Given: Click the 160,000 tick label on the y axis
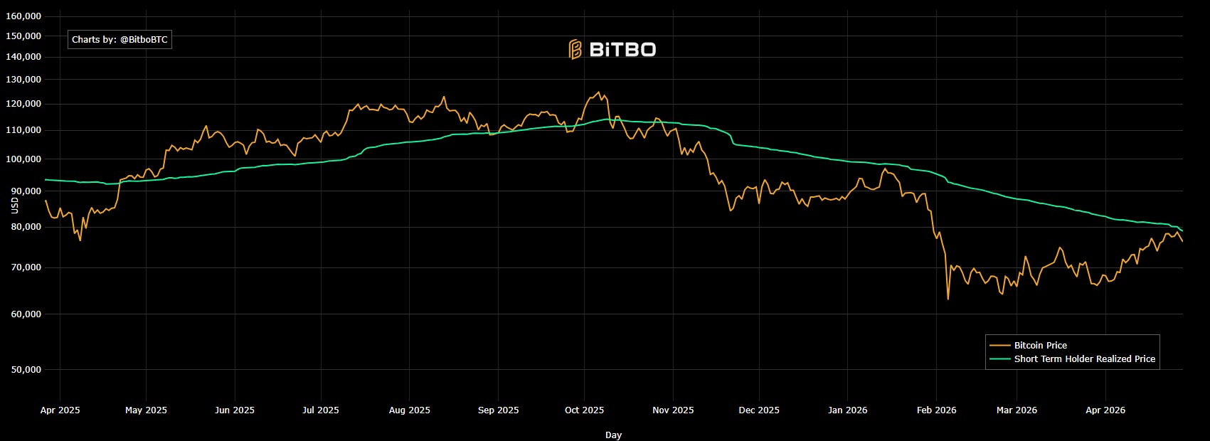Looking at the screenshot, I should [x=23, y=16].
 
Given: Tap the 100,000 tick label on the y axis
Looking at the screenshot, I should [x=23, y=159].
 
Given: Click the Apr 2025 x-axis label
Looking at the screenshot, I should [x=60, y=410].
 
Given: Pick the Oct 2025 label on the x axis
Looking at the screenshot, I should [x=584, y=410].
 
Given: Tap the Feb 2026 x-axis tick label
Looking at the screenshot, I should [x=936, y=410].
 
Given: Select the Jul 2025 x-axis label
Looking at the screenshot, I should [x=321, y=410].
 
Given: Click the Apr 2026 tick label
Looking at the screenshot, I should [x=1105, y=410].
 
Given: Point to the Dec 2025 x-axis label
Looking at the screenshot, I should [x=759, y=410].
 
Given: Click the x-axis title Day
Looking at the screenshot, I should [x=613, y=435].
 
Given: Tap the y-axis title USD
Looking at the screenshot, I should [x=15, y=205].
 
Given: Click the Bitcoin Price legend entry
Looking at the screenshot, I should [x=1040, y=345].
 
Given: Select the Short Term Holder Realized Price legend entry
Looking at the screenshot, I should [x=1084, y=358].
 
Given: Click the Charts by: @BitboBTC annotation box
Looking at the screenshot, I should [x=120, y=40].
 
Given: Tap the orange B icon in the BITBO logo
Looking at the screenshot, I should [x=575, y=49].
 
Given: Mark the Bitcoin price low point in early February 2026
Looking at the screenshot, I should [x=948, y=299].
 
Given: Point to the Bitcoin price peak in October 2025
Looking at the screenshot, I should [x=599, y=92].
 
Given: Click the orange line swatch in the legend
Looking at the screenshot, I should [x=999, y=345].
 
